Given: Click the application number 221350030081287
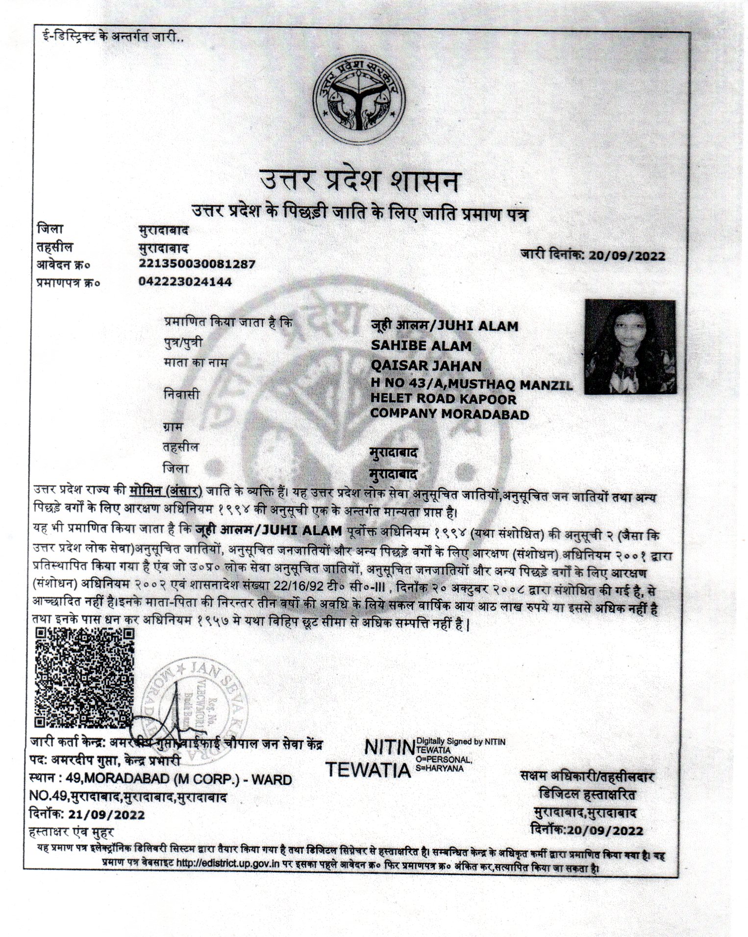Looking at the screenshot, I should click(197, 264).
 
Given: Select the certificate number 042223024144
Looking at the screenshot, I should click(185, 282).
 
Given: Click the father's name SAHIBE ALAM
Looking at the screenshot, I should click(421, 346).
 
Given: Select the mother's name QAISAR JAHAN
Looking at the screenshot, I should click(426, 366).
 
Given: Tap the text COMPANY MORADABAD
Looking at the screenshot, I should click(449, 415).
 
